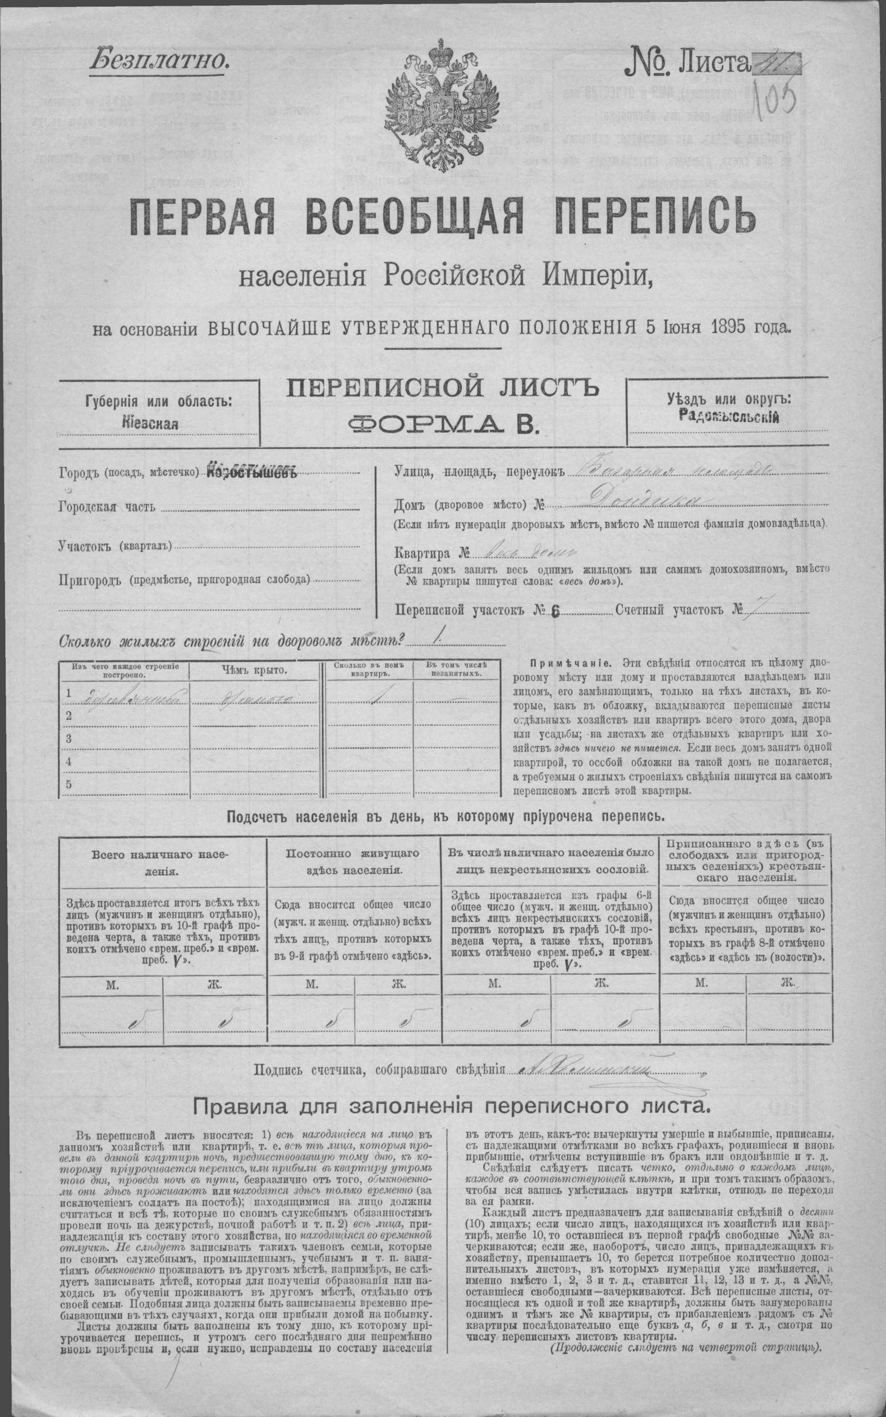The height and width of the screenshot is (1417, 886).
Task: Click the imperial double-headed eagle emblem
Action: click(442, 103)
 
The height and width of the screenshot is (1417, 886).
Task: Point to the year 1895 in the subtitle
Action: click(723, 326)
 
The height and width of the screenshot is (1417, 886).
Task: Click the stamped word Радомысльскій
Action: click(728, 416)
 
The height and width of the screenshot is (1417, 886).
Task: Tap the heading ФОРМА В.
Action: click(442, 422)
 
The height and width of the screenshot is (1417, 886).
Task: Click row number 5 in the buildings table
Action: click(68, 784)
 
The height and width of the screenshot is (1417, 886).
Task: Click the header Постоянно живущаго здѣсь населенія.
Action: click(353, 862)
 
